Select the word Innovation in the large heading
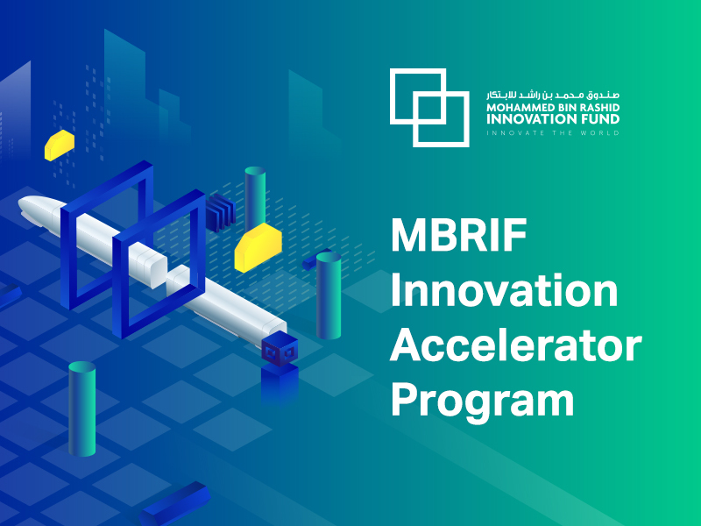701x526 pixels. [504, 291]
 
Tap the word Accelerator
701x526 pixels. [515, 346]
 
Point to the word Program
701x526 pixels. [482, 400]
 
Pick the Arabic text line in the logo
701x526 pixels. [553, 92]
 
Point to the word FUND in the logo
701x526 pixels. [599, 119]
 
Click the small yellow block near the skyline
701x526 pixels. [60, 145]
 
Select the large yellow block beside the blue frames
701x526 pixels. [258, 245]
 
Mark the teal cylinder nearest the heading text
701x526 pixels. [329, 295]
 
